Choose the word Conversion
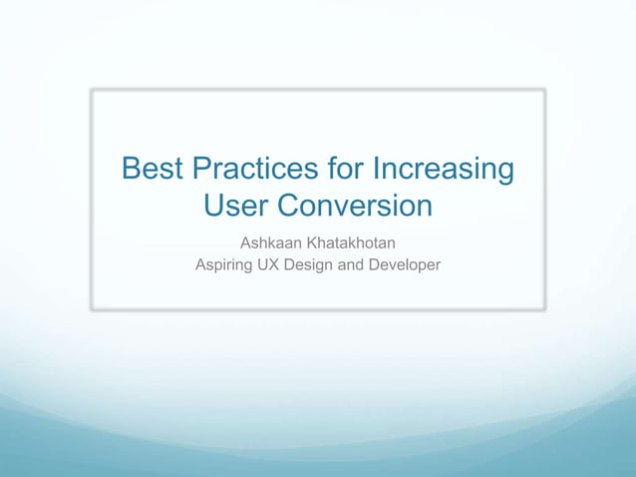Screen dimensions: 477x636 (x=354, y=206)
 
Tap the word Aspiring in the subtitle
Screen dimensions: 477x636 (x=225, y=265)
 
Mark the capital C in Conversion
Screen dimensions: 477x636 (x=288, y=206)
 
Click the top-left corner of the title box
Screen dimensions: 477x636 (x=92, y=90)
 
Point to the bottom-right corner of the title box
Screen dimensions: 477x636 (x=544, y=309)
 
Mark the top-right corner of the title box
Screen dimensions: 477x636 (x=544, y=90)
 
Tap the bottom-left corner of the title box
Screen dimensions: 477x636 (x=92, y=309)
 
